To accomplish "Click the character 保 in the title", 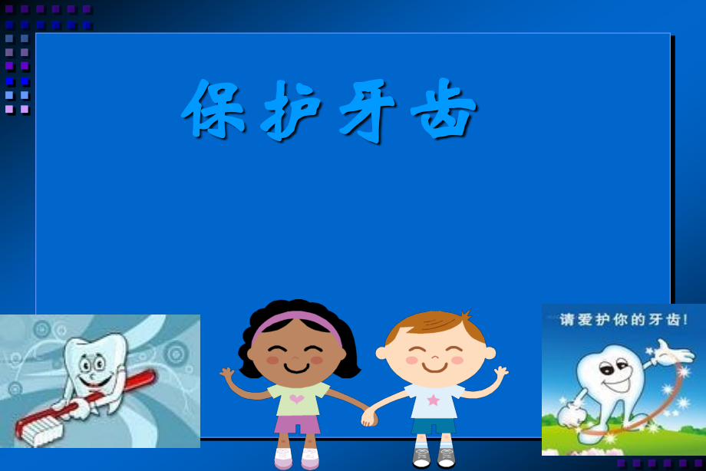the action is [213, 108].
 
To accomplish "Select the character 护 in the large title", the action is [290, 110].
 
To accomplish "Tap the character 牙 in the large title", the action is [367, 110].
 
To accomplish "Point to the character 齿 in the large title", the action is [444, 108].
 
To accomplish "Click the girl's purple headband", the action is [296, 321].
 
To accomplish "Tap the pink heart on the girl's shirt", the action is [297, 398].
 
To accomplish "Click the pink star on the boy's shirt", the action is [433, 400].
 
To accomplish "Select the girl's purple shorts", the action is [297, 424].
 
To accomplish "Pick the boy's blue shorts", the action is [433, 426].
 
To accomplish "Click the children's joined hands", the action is [370, 417].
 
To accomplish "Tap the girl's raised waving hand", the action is [227, 374].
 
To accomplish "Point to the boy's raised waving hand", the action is [500, 372].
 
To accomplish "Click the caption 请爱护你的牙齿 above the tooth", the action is [623, 320].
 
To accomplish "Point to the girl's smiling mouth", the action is [297, 368].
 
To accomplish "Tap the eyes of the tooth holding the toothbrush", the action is [91, 364].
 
